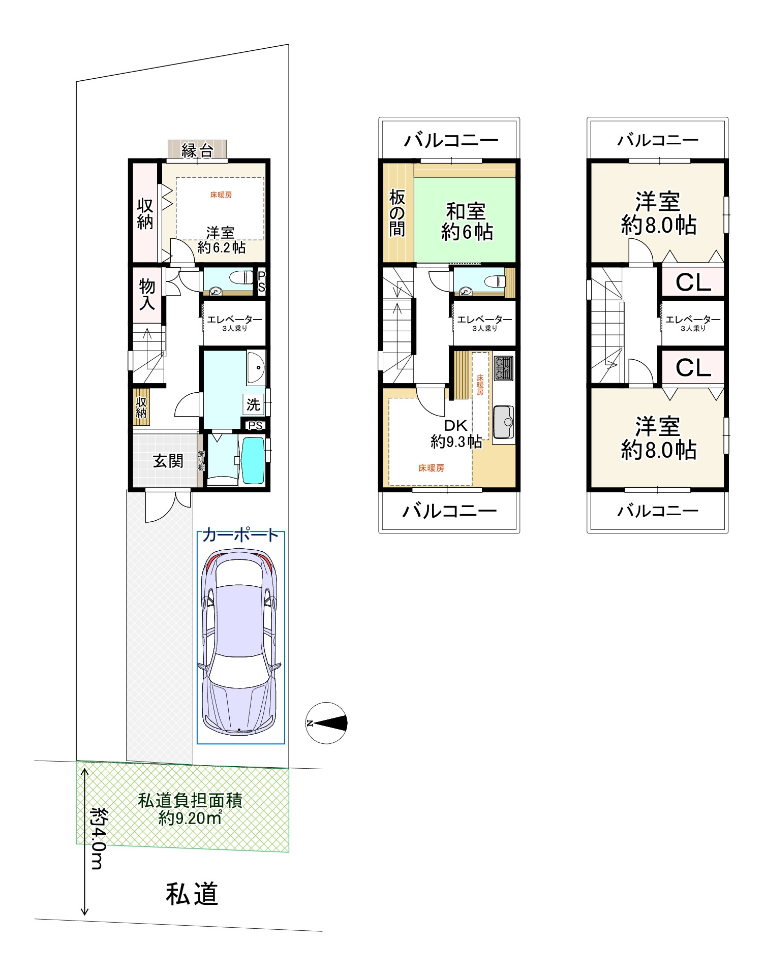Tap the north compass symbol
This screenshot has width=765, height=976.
point(327,723)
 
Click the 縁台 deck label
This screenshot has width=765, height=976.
point(197,150)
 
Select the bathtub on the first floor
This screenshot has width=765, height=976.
point(253,460)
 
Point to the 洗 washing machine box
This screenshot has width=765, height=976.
point(253,404)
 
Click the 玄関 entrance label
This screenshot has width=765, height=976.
point(168,461)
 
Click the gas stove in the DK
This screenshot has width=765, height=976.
point(504,368)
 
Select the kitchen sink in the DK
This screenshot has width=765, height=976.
point(504,422)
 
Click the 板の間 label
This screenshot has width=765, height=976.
point(397,213)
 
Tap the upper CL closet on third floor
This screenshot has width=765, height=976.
point(693,282)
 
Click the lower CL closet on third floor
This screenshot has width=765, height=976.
point(693,367)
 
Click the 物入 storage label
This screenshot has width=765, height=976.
point(147,294)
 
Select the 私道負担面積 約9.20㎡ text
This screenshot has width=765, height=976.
point(190,809)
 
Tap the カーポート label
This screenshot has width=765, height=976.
point(240,534)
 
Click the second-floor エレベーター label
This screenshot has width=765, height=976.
point(484,320)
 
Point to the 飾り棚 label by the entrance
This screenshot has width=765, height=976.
point(201,461)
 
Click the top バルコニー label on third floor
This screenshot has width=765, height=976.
point(658,140)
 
